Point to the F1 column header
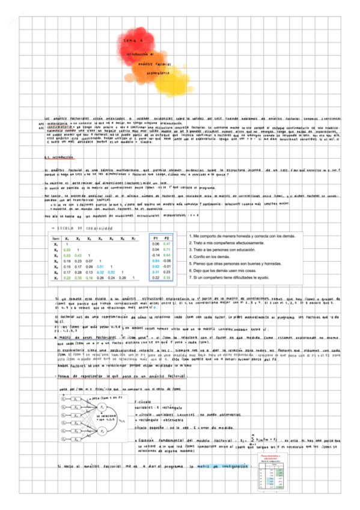pyautogui.click(x=156, y=238)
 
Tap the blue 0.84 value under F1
pyautogui.click(x=156, y=260)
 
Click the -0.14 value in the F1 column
pyautogui.click(x=156, y=255)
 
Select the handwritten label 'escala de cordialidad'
pyautogui.click(x=84, y=229)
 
